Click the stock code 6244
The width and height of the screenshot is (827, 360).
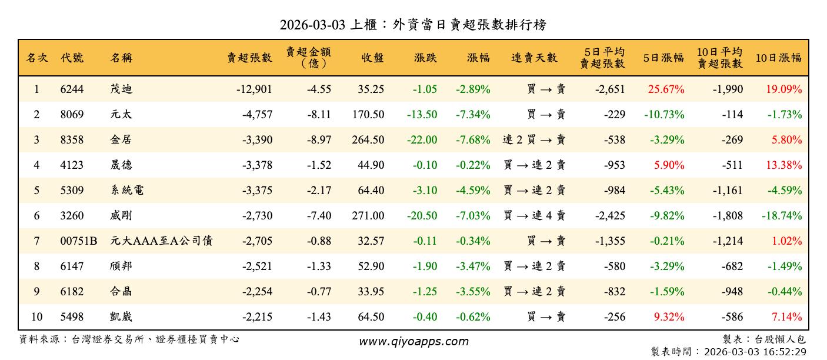tap(72, 89)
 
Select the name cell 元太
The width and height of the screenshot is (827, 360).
tap(121, 115)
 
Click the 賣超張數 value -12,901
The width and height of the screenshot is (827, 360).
tap(254, 89)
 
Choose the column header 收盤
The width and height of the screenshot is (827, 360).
tap(372, 58)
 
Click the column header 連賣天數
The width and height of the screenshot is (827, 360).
tap(533, 58)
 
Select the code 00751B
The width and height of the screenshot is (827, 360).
tap(78, 241)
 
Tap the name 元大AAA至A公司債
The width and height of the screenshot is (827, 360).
tap(161, 241)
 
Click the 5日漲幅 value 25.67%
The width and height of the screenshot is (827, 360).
tap(666, 89)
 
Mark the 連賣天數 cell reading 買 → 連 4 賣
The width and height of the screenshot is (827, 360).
tap(534, 216)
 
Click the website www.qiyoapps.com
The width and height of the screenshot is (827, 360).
tap(413, 342)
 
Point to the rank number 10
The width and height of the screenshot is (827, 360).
tap(36, 317)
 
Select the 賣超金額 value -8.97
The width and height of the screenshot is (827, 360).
tap(319, 140)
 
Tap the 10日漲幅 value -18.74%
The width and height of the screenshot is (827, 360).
tap(782, 216)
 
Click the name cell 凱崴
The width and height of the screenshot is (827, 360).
tap(121, 317)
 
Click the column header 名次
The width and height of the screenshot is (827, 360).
tap(36, 58)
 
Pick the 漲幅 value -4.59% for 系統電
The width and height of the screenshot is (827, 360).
tap(473, 191)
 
